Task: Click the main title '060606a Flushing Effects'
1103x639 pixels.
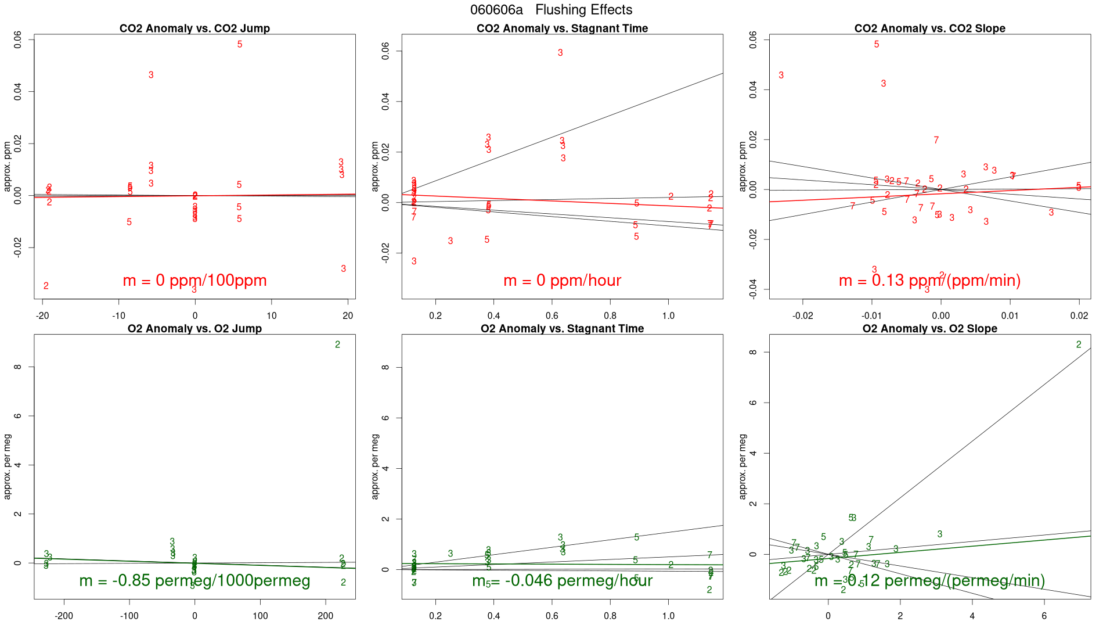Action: point(551,10)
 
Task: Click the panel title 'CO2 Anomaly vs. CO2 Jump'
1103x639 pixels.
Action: point(194,28)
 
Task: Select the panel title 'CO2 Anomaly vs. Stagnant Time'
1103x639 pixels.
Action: point(562,28)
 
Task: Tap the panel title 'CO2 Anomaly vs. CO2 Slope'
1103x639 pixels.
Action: point(929,28)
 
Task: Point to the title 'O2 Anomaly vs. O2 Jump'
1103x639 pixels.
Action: point(194,329)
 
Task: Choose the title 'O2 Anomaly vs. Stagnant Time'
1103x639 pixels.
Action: point(562,329)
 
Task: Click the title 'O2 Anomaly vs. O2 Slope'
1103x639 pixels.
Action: point(929,329)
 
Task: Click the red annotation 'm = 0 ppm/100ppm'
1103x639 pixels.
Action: point(194,281)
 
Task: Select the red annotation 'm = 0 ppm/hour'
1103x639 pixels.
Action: point(562,281)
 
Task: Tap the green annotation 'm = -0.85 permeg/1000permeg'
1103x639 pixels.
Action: point(194,581)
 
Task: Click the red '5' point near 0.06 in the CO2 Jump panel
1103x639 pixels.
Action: point(240,45)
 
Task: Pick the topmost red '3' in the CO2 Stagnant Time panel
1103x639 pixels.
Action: point(560,53)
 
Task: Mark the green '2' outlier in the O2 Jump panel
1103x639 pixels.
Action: point(338,345)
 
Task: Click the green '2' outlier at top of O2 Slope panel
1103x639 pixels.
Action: point(1079,345)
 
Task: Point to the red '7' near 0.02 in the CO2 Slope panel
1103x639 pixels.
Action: point(936,141)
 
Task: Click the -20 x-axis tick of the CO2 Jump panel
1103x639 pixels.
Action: point(42,316)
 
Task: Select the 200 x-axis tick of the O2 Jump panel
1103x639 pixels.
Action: point(326,616)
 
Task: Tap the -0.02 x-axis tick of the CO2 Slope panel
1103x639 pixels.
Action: point(803,316)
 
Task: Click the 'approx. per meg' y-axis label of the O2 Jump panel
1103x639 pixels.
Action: point(8,466)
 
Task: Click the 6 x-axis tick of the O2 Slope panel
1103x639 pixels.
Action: point(1044,616)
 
